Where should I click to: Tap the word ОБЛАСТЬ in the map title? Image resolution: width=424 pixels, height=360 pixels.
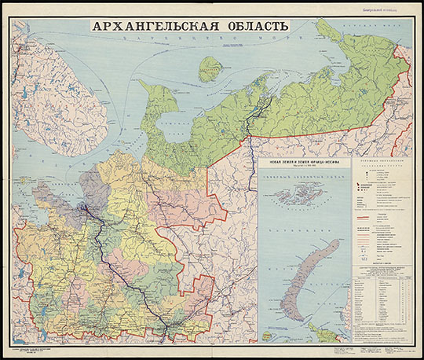coord(250,24)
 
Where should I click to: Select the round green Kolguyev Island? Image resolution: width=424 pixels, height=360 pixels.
coord(209,68)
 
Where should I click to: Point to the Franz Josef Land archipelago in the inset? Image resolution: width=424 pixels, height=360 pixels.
coord(298,193)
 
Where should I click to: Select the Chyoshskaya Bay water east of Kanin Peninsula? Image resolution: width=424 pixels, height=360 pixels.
coord(177,110)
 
